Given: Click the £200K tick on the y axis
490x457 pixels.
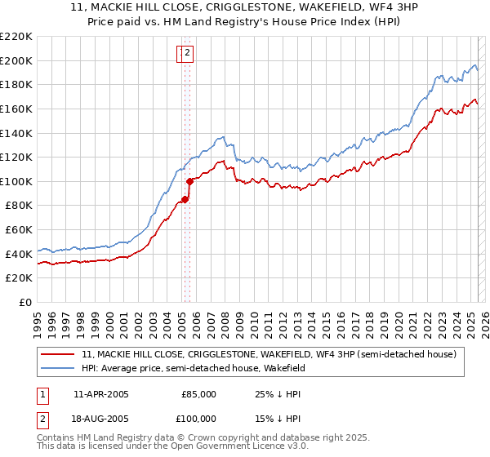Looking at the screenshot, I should pyautogui.click(x=16, y=60).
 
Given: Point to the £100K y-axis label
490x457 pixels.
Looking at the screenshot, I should pyautogui.click(x=16, y=181).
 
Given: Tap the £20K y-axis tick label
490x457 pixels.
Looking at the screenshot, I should pyautogui.click(x=19, y=278).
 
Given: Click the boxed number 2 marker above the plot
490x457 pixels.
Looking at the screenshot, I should pyautogui.click(x=187, y=54).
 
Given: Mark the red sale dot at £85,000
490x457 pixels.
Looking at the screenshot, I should pyautogui.click(x=185, y=199).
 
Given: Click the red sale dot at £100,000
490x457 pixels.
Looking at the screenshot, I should pyautogui.click(x=189, y=181).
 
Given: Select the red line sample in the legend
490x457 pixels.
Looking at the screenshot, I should pyautogui.click(x=59, y=354).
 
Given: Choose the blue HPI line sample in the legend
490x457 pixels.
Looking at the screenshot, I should pyautogui.click(x=59, y=368).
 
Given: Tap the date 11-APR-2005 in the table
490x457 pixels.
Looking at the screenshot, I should pyautogui.click(x=101, y=394).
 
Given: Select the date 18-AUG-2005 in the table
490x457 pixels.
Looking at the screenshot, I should pyautogui.click(x=101, y=419).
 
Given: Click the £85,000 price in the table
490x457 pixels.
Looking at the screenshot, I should pyautogui.click(x=198, y=394).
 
